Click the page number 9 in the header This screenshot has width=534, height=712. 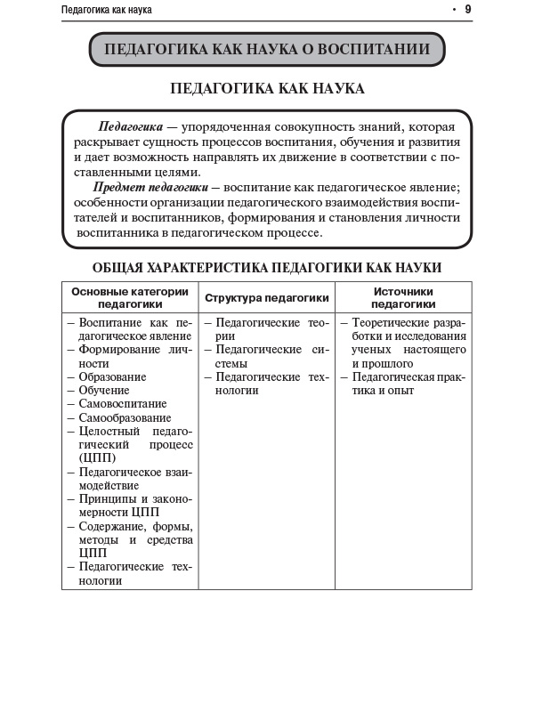[468, 10]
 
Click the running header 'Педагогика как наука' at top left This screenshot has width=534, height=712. [107, 10]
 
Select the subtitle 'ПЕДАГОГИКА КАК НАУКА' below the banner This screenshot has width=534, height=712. [267, 89]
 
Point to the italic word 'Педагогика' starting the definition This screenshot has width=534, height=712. [130, 127]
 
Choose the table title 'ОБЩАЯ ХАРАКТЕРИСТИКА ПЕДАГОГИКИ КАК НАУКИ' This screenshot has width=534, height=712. [267, 267]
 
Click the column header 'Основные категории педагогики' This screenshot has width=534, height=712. [130, 298]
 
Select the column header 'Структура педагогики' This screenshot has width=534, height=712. [267, 298]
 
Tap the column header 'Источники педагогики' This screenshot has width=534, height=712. [403, 298]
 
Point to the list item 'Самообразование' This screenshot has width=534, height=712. [125, 417]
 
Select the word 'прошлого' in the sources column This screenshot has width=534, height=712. [387, 363]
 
